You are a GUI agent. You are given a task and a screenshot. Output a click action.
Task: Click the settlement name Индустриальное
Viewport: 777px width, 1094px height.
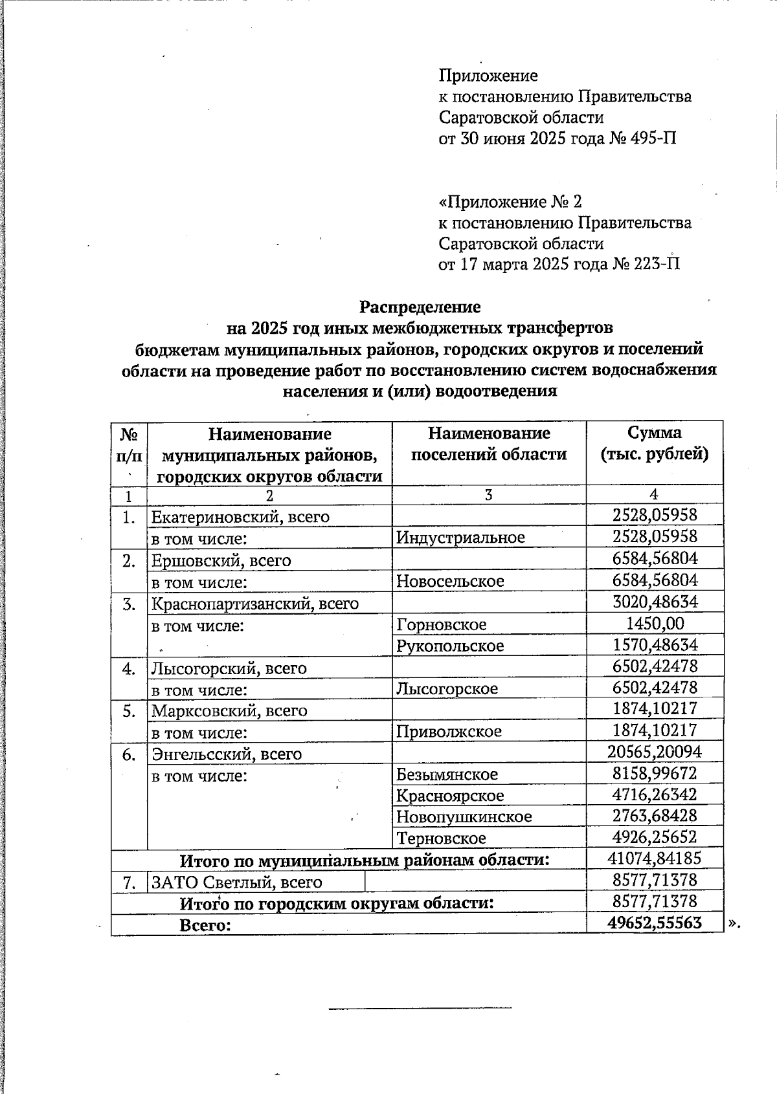(x=460, y=537)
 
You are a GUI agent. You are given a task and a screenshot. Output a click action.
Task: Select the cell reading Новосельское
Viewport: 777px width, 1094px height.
(x=450, y=581)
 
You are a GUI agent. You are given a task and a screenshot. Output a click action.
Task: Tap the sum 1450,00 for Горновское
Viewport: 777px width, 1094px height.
(x=655, y=624)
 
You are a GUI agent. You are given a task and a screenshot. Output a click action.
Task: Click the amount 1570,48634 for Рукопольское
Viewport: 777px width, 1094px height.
(x=655, y=645)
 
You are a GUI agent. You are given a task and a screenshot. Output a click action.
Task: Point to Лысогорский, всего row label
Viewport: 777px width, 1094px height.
(x=229, y=668)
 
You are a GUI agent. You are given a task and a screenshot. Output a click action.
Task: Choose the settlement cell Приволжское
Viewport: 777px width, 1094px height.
(x=449, y=731)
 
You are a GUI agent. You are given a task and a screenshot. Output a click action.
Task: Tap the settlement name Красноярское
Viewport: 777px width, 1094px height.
(x=449, y=795)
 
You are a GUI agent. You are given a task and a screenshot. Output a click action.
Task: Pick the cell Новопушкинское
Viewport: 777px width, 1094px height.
(x=464, y=816)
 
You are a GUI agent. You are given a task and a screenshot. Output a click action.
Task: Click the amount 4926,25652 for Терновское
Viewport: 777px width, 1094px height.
(x=655, y=837)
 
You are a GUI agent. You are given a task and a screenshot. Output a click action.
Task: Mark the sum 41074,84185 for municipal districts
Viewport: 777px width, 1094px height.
(x=655, y=859)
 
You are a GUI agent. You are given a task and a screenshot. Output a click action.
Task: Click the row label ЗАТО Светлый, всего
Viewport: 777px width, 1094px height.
(x=236, y=882)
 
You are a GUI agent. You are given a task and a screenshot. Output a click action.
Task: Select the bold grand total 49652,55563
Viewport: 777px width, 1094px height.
(x=655, y=923)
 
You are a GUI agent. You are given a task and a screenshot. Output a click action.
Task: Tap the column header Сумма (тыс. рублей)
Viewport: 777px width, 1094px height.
(x=654, y=443)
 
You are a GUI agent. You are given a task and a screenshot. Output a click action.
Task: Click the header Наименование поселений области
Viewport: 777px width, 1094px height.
(x=489, y=443)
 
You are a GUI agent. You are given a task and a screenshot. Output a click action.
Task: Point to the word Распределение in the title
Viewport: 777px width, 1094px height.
(x=420, y=306)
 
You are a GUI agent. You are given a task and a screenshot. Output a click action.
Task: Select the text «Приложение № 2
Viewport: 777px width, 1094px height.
(x=506, y=202)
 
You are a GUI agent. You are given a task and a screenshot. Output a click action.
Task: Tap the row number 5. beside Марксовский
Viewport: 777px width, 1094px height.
(x=129, y=710)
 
